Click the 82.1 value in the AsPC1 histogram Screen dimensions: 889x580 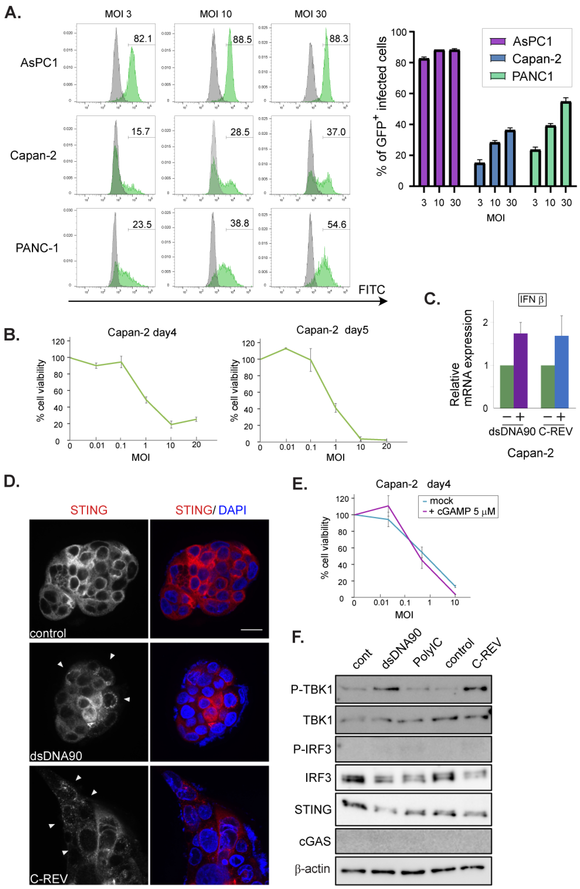[x=143, y=39]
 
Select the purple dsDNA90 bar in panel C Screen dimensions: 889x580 [x=521, y=371]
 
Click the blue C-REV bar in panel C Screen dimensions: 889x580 [x=561, y=372]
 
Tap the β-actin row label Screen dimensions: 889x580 [x=312, y=869]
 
